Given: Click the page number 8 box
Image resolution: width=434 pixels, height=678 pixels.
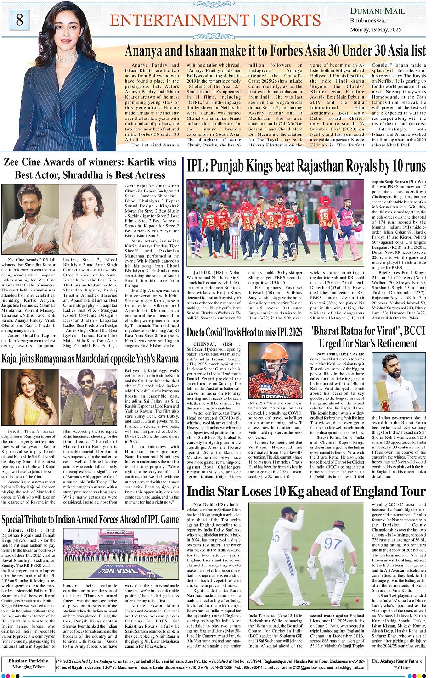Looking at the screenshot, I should tap(19, 20).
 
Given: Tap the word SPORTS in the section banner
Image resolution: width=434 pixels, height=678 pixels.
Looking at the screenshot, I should tap(290, 20).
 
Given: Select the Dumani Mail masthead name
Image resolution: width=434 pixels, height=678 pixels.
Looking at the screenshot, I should tap(377, 11).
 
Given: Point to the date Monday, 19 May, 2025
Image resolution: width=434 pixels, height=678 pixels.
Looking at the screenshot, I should tap(375, 29).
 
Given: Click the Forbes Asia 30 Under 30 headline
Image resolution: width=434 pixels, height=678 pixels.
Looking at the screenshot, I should tap(275, 50).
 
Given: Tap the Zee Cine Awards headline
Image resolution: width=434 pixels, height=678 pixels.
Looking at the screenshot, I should tap(90, 168).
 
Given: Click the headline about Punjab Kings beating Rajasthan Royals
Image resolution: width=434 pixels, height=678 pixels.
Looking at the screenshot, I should tap(306, 166).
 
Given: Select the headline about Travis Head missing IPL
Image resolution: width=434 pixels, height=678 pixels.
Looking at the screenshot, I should tap(244, 332).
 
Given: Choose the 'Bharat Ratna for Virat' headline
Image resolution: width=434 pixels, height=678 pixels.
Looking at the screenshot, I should tap(368, 336).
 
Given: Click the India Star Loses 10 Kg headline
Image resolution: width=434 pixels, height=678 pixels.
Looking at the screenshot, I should tap(306, 491).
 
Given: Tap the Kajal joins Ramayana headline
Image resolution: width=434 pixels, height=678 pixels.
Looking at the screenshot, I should tap(90, 358).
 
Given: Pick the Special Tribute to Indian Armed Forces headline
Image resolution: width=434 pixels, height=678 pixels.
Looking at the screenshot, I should tap(90, 519).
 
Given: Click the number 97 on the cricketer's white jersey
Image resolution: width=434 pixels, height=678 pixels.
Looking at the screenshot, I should tap(333, 544).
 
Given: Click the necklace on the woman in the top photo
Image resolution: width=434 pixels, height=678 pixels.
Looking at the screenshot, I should tap(68, 57).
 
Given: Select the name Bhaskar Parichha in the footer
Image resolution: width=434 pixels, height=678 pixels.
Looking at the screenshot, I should tap(28, 661).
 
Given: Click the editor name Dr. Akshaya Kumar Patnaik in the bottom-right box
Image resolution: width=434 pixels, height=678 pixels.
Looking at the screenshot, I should tap(397, 661).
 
